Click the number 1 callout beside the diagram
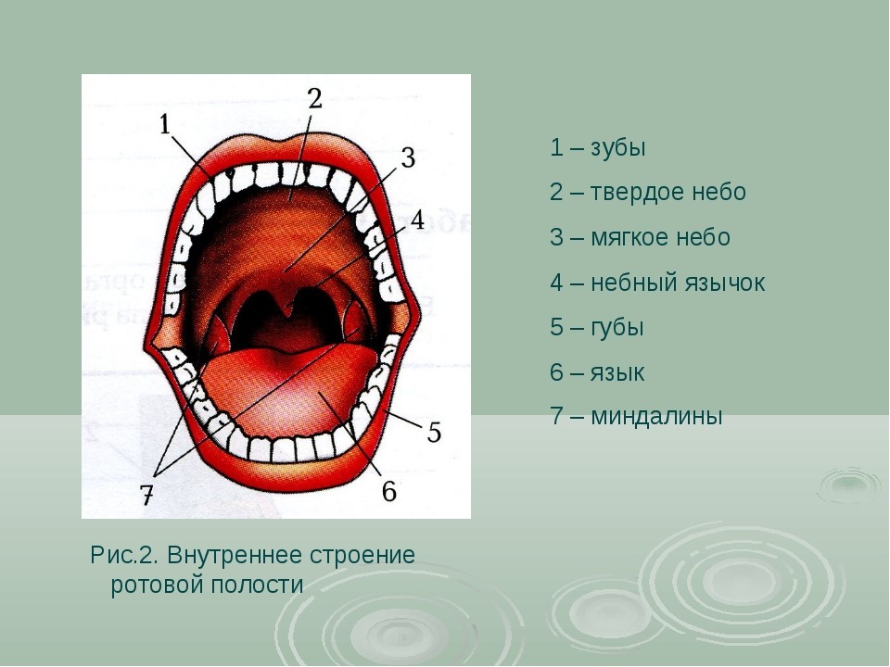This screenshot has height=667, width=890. click(165, 123)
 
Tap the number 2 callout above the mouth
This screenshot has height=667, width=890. click(315, 98)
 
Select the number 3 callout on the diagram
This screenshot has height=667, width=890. click(408, 157)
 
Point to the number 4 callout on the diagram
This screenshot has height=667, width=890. click(417, 220)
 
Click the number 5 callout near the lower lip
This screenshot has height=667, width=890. click(434, 433)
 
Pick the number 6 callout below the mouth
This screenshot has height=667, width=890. click(388, 491)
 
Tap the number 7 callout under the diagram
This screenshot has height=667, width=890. click(147, 496)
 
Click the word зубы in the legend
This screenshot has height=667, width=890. click(618, 148)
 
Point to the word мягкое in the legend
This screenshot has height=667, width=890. click(629, 238)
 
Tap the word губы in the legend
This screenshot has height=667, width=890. click(617, 328)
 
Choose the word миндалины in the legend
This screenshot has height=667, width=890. click(656, 416)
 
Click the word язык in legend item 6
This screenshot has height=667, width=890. click(617, 372)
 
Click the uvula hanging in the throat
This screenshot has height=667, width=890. click(287, 300)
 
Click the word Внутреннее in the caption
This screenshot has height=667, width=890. click(235, 555)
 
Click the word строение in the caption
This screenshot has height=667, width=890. click(362, 555)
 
